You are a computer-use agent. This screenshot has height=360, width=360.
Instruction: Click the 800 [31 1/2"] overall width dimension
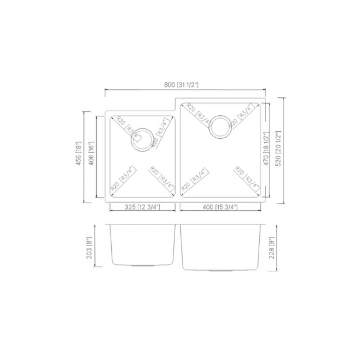(181, 85)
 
